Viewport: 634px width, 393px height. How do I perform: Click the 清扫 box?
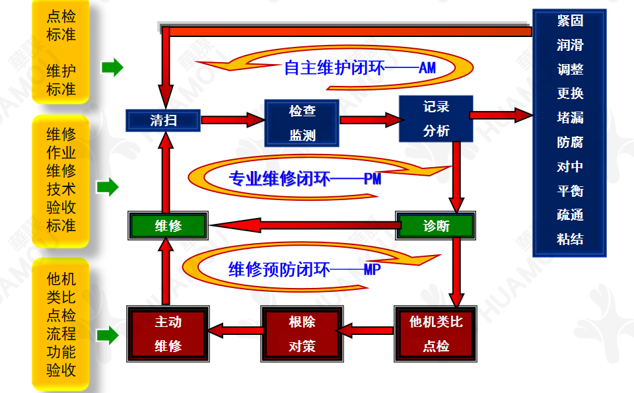coord(163,120)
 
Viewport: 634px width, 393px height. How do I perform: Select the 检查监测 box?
coord(302,123)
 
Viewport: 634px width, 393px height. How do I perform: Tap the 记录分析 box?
coord(436,119)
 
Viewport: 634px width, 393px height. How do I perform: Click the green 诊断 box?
coord(436,226)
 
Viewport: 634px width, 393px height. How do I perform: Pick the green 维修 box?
coord(168,226)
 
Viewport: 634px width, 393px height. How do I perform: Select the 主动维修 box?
coord(168,334)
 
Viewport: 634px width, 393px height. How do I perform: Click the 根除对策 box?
coord(302,334)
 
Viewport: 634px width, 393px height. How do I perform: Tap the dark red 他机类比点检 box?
coord(436,334)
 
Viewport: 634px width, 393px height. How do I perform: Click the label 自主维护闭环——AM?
coord(360,68)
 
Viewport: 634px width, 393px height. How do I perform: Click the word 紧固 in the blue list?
coord(570,20)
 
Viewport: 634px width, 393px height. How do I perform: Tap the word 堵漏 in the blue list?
coord(570,118)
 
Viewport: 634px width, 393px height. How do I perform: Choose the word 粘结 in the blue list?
coord(570,239)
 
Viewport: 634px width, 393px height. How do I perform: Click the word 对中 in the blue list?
coord(570,166)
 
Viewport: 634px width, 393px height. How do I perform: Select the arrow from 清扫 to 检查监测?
coord(232,120)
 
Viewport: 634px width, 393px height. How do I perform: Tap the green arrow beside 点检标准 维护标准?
coord(112,67)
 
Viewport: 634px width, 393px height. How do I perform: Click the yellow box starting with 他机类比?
coord(61,324)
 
